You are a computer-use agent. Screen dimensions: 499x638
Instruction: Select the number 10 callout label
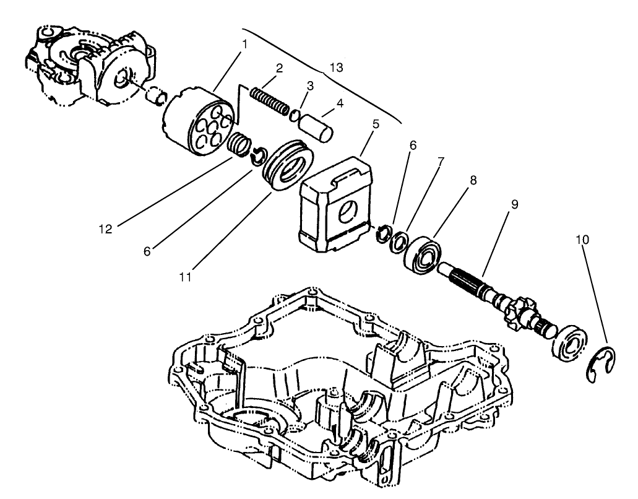[x=582, y=239]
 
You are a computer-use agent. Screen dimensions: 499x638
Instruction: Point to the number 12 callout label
[x=105, y=229]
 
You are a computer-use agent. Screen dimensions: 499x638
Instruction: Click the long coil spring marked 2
[x=269, y=101]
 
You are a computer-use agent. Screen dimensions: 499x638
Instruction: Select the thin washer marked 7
[x=399, y=238]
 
